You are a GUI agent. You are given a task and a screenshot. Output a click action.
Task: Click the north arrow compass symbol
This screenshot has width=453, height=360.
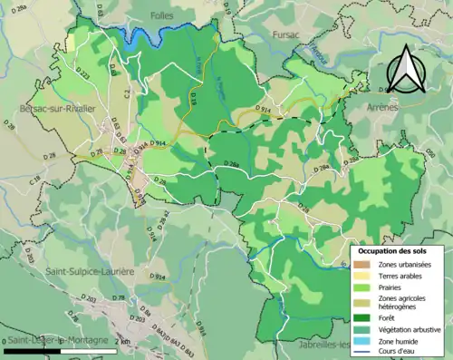(405, 68)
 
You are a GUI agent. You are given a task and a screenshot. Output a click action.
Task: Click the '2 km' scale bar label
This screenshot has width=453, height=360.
(123, 341)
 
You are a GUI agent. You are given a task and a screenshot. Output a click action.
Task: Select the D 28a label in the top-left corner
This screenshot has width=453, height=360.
(22, 7)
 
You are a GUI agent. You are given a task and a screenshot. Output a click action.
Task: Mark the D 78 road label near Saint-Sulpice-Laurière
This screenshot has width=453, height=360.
(117, 297)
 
